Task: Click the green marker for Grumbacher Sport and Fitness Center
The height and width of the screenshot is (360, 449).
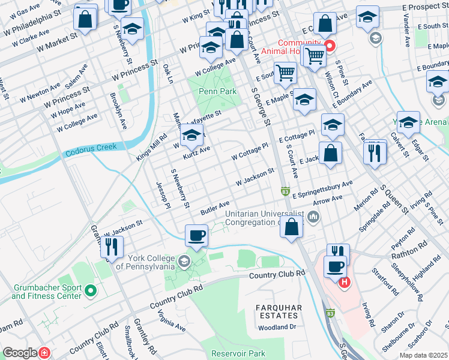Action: [91, 292]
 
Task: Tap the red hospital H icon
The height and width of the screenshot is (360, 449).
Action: [344, 282]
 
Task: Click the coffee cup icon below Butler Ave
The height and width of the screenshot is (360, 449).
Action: [196, 235]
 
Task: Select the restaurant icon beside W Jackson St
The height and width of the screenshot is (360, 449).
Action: [111, 246]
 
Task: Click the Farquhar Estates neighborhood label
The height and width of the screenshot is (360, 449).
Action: [277, 311]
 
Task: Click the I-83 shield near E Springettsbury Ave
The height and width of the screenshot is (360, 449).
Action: [285, 191]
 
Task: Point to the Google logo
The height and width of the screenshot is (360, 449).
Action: [20, 353]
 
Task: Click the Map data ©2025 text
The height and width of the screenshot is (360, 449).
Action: [423, 355]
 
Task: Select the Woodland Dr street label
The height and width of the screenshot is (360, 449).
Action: [277, 328]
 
